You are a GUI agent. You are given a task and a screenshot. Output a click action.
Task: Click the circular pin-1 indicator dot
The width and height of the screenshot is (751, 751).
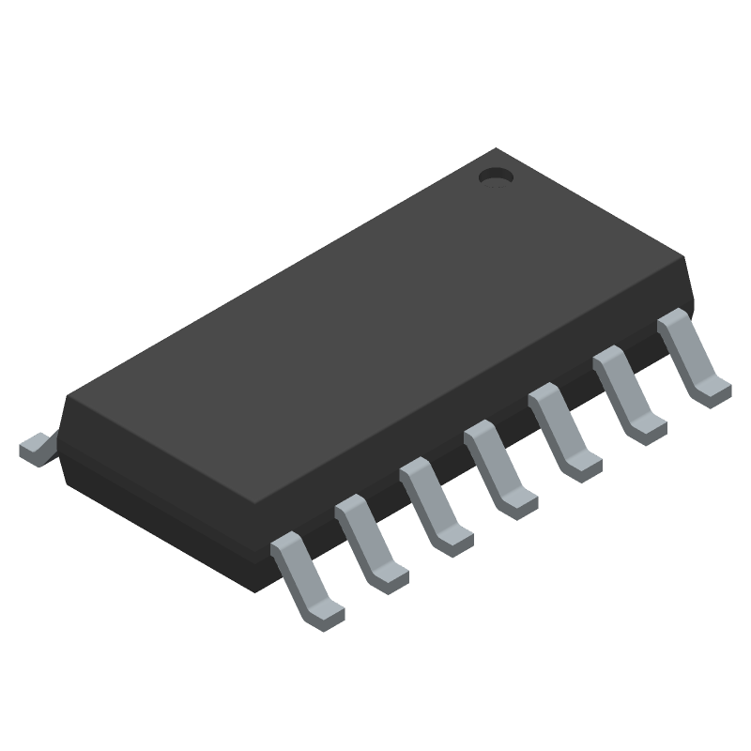point(495,176)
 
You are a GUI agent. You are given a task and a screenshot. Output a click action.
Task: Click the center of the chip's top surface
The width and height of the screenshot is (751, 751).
point(375,329)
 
